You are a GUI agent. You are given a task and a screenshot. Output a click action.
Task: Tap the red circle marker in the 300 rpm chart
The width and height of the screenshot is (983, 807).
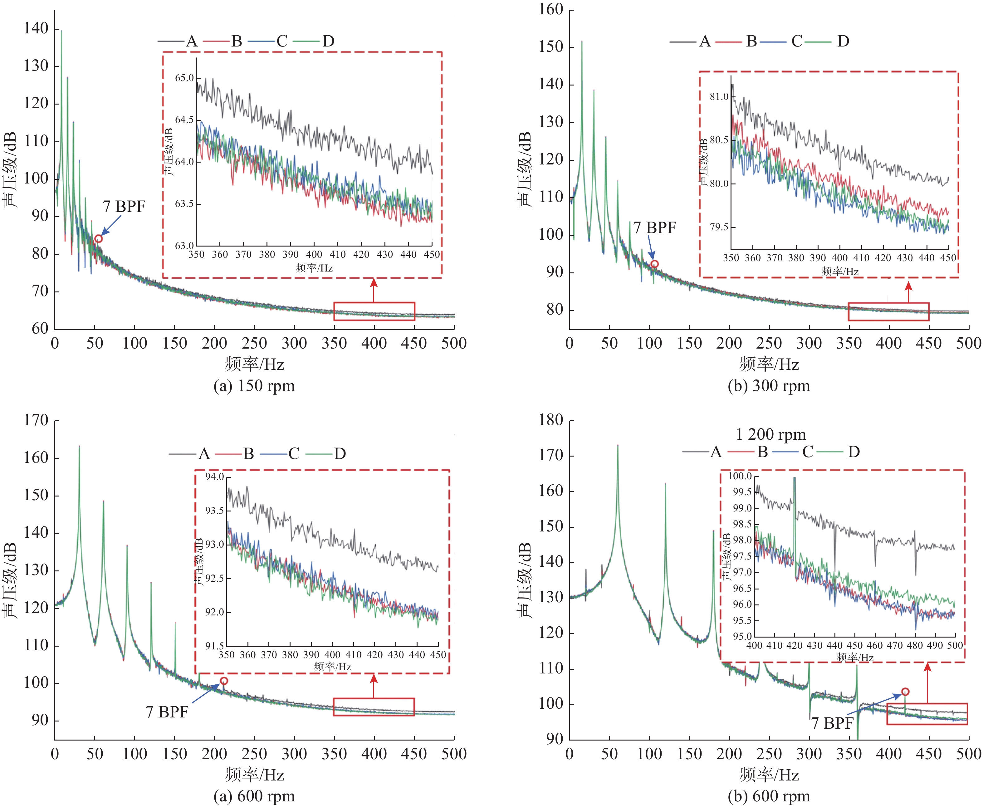point(654,264)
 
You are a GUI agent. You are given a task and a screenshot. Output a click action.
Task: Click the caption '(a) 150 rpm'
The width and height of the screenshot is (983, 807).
point(254,386)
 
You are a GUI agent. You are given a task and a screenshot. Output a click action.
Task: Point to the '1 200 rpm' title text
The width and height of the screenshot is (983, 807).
point(770,435)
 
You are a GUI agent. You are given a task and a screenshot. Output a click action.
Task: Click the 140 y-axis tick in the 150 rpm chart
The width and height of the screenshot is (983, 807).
point(36,28)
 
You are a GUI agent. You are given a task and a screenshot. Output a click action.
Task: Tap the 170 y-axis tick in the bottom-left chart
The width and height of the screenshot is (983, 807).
point(36,420)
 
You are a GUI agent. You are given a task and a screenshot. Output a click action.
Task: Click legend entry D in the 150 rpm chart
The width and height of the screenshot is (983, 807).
point(328,42)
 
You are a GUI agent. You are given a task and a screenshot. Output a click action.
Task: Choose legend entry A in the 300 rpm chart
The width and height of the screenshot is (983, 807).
point(705,42)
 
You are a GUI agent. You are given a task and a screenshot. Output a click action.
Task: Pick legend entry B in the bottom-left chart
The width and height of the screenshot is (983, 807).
point(249,454)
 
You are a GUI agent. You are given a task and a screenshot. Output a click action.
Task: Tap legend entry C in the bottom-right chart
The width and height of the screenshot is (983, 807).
point(808,452)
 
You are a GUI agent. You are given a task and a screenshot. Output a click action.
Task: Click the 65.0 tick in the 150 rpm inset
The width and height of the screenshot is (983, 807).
point(184,78)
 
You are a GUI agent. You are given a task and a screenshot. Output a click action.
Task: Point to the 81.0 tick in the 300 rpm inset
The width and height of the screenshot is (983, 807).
point(719,97)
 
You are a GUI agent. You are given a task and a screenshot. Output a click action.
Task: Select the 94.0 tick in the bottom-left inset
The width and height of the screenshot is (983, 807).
point(215,477)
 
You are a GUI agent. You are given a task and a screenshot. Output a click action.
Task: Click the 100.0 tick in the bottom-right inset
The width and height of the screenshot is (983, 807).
point(740,476)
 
